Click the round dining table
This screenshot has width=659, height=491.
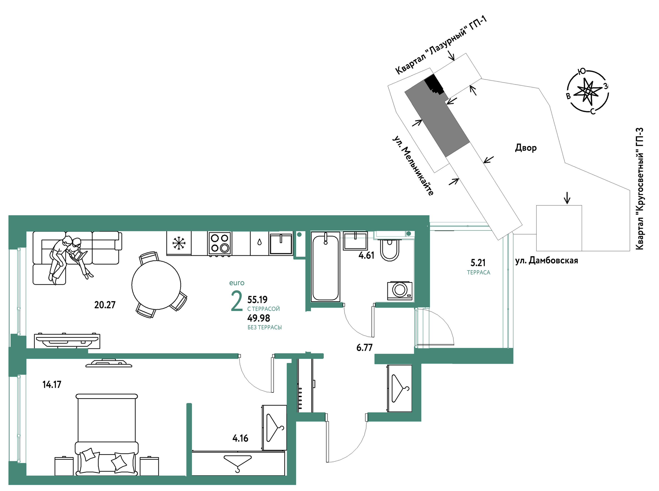(x=156, y=285)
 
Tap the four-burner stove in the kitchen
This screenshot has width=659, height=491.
(x=220, y=243)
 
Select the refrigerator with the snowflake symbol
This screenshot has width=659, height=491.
(x=179, y=243)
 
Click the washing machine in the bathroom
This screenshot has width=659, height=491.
(x=400, y=290)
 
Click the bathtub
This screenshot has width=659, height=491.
(x=326, y=267)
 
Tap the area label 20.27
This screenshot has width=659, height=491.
(x=105, y=305)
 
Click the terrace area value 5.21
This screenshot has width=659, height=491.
(x=478, y=263)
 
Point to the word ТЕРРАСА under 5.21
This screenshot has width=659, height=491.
(x=478, y=272)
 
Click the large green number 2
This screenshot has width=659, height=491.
(x=237, y=301)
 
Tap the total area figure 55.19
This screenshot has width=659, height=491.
(x=257, y=299)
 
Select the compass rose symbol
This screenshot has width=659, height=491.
(x=588, y=91)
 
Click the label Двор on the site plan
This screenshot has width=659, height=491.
(x=526, y=148)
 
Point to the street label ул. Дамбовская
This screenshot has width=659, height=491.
(x=546, y=261)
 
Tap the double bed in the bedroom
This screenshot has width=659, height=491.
(x=107, y=434)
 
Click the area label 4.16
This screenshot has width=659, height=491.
(x=240, y=438)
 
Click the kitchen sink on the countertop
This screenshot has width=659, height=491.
(x=281, y=244)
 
